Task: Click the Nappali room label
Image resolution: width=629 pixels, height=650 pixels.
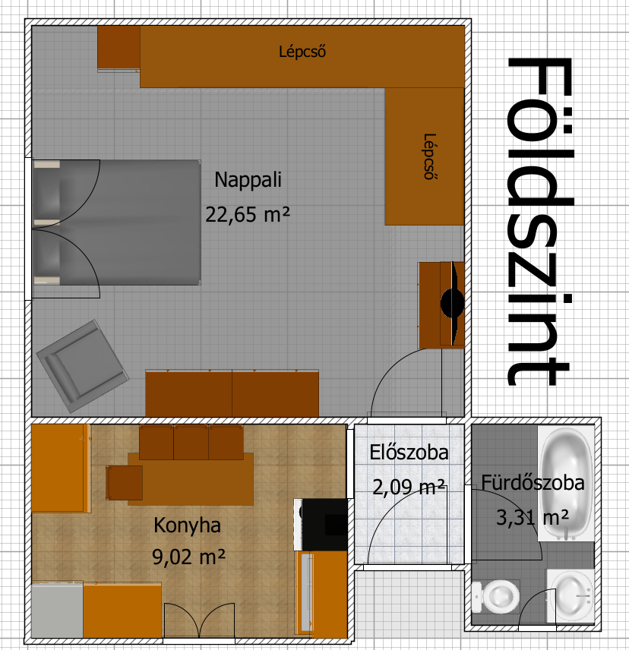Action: [x=248, y=180]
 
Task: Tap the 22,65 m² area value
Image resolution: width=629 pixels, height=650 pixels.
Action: [x=248, y=215]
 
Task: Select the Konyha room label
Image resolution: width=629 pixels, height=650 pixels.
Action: [x=187, y=525]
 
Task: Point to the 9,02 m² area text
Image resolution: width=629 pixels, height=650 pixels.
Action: [x=188, y=557]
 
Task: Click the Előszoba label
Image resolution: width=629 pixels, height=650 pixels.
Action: [x=409, y=453]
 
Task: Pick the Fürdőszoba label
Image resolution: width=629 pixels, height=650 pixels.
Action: [x=533, y=483]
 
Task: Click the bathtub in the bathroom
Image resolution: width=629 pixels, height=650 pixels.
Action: [x=566, y=484]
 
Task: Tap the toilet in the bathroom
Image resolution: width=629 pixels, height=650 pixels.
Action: [x=496, y=598]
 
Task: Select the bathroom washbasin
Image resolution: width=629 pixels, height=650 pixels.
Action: [x=570, y=595]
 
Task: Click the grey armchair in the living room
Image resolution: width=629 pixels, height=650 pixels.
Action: [x=83, y=366]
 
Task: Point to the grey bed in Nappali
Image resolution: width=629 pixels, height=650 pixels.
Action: [x=117, y=222]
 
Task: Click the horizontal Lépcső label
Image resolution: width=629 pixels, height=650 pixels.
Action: [x=302, y=52]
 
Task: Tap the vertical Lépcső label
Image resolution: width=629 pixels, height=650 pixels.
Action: [x=429, y=156]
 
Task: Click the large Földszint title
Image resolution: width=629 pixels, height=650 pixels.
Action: [x=540, y=222]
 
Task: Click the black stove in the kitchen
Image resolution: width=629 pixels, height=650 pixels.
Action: [x=324, y=525]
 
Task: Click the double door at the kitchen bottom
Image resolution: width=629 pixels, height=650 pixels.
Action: [x=200, y=620]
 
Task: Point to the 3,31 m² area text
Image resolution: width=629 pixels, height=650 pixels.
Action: [x=533, y=518]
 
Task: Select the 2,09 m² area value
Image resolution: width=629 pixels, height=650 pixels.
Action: [x=409, y=487]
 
